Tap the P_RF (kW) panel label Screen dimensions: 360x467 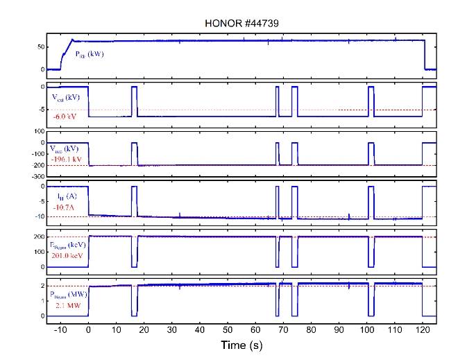89,54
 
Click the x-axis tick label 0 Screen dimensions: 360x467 88,329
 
